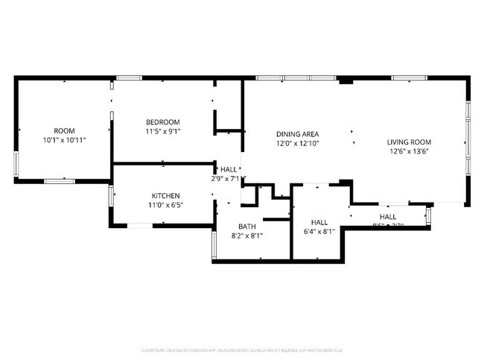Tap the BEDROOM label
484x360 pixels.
(162, 122)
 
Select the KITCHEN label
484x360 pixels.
(165, 196)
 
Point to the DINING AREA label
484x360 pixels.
(297, 133)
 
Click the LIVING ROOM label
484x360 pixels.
(409, 142)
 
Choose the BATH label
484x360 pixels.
(246, 227)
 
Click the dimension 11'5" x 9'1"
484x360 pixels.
(162, 132)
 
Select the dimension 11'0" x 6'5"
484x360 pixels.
(165, 206)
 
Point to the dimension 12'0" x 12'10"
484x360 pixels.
(297, 143)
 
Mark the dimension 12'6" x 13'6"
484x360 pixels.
(409, 151)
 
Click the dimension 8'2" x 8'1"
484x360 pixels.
(246, 236)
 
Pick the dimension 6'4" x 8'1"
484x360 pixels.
(319, 232)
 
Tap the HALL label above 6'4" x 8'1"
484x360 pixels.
(319, 222)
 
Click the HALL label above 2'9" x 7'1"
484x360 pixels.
(229, 169)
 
